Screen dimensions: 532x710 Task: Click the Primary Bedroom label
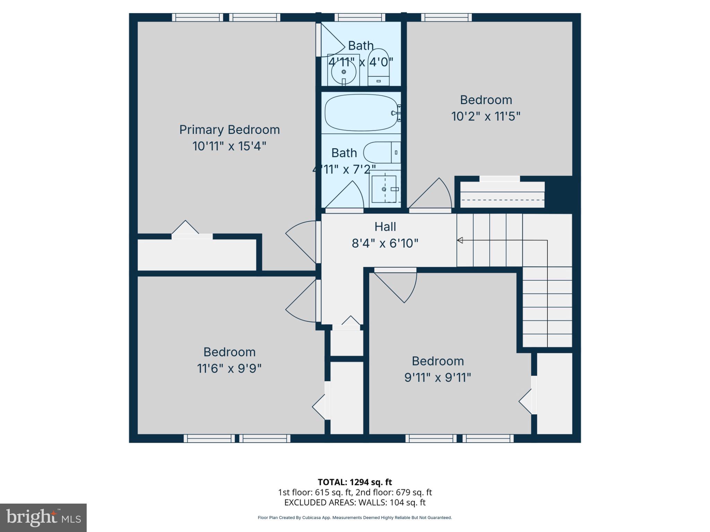[229, 130]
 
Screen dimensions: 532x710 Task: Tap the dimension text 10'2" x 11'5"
[486, 116]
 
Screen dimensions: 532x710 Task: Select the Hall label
[385, 227]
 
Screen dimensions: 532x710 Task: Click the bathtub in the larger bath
[361, 113]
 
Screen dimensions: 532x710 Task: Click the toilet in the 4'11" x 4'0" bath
[378, 68]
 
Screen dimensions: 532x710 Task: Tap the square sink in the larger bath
[384, 189]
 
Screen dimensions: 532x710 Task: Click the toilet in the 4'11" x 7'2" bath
[381, 152]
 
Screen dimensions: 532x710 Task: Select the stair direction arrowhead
[460, 240]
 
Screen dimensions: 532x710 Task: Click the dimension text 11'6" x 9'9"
[229, 369]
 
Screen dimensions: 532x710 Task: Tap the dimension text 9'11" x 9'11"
[438, 378]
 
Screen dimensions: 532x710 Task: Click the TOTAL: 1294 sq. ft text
[355, 482]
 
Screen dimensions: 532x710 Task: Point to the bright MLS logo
[43, 517]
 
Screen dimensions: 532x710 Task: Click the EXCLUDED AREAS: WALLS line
[355, 502]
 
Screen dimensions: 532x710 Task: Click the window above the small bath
[360, 17]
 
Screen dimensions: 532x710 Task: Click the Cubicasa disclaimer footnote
[355, 517]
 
